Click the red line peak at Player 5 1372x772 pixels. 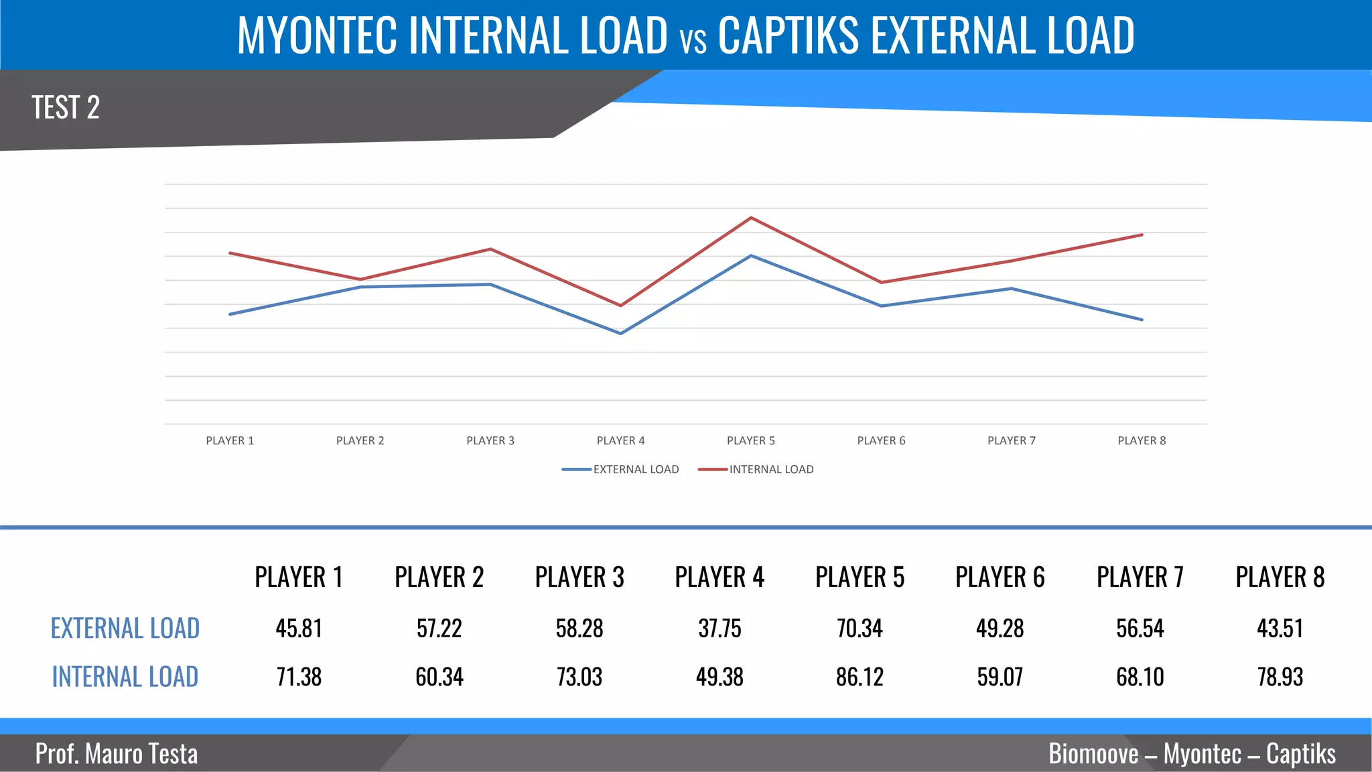coord(751,218)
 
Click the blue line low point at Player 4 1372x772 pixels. coord(621,333)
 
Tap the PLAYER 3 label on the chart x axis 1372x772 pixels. coord(490,440)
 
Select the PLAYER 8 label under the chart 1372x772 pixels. coord(1142,440)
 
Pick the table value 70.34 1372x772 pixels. coord(860,629)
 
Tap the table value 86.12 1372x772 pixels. coord(860,677)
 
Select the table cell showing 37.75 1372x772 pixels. coord(719,629)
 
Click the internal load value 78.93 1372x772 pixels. coord(1280,677)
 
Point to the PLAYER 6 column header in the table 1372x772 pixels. coord(1000,577)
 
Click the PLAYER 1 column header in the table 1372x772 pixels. coord(299,577)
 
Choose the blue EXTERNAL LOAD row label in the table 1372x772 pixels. coord(125,629)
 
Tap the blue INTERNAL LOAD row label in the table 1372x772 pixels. coord(125,677)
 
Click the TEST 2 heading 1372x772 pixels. coord(66,107)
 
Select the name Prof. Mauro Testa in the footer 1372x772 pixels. coord(117,754)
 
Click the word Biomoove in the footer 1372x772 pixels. coord(1093,754)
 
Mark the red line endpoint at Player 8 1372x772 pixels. coord(1142,235)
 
